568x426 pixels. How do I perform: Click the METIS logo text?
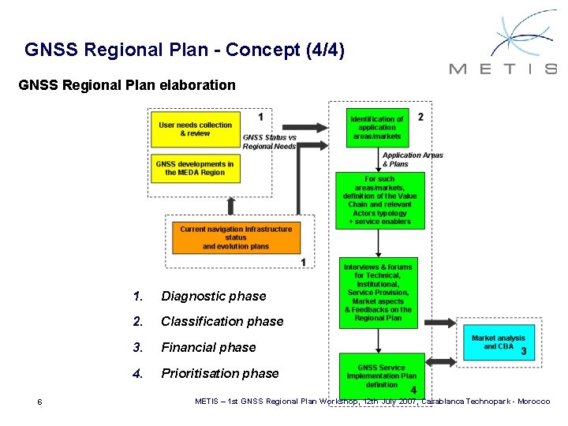click(503, 69)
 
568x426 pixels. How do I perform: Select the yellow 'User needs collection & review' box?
click(195, 129)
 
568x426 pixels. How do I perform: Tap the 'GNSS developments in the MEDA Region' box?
click(195, 168)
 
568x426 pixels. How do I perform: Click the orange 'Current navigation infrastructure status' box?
click(236, 237)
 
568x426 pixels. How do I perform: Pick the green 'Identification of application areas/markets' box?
click(376, 128)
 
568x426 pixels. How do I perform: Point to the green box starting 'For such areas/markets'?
click(379, 200)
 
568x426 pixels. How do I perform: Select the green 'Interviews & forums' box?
click(378, 292)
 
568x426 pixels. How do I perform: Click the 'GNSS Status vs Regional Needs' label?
click(270, 141)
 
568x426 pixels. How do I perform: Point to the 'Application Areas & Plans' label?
click(413, 159)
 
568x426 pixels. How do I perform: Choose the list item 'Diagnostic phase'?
click(214, 296)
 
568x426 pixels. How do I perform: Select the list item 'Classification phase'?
click(222, 321)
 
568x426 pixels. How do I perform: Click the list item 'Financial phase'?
click(208, 347)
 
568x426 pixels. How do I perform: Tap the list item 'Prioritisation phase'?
click(220, 373)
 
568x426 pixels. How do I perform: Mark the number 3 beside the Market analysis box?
click(524, 351)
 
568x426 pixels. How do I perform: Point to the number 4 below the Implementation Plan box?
click(413, 390)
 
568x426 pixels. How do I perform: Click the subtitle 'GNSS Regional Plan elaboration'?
click(126, 84)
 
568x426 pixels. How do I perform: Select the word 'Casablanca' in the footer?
click(446, 402)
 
